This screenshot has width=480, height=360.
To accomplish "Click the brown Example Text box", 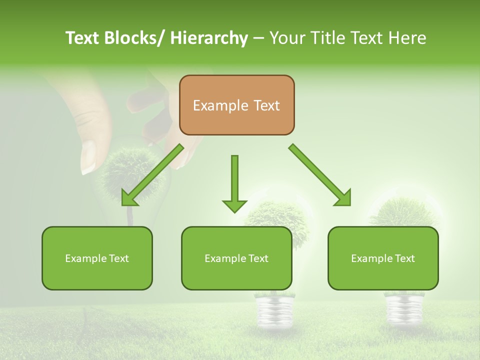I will (236, 105).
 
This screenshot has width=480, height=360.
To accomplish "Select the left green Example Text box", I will (97, 258).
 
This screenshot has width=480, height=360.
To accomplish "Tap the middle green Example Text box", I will (236, 258).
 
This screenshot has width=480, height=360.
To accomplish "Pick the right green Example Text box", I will (383, 258).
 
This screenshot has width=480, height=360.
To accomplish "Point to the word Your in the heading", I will (286, 38).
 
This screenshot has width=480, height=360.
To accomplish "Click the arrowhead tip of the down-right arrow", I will (349, 204).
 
